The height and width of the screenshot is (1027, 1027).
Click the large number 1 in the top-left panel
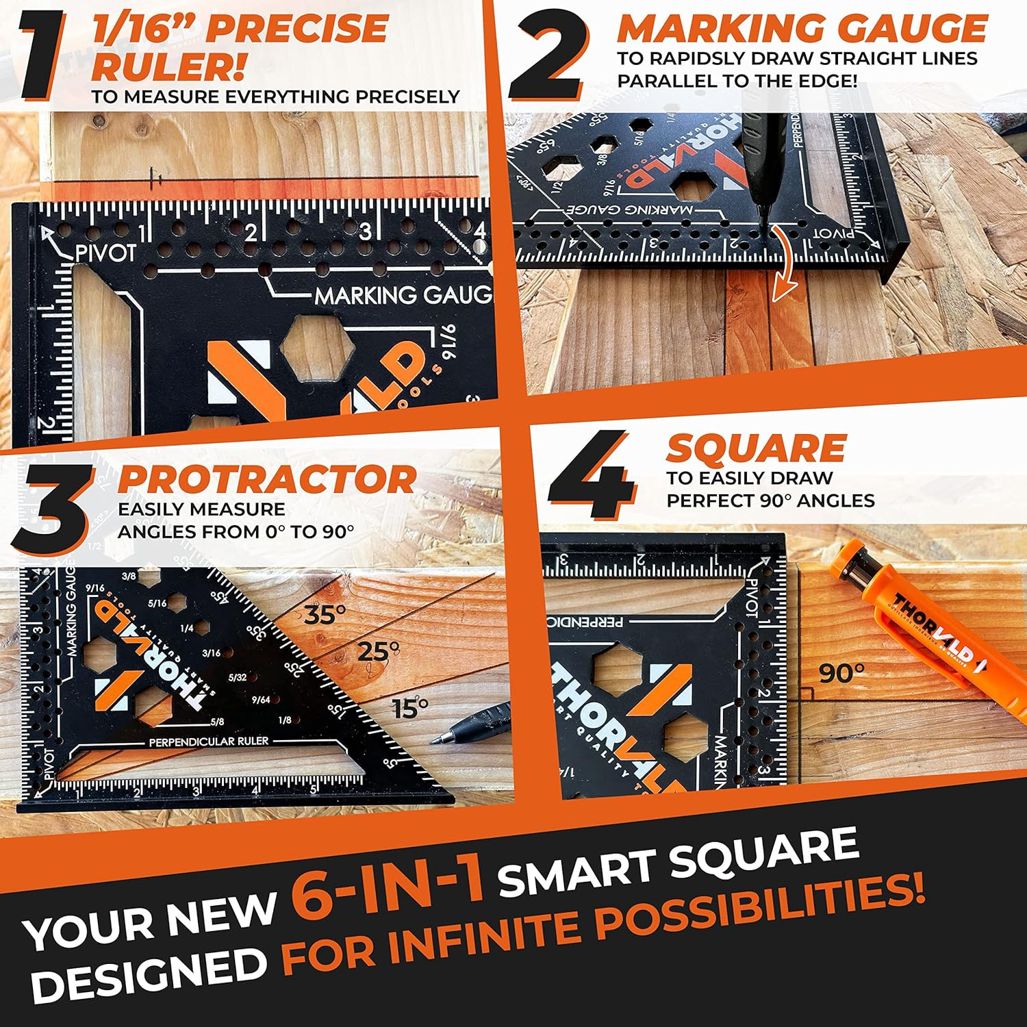42,55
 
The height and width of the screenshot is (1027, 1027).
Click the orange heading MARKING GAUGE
801,29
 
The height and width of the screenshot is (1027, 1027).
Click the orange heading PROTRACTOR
267,479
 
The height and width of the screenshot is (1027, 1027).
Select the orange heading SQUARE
756,448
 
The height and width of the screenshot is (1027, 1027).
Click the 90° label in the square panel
841,674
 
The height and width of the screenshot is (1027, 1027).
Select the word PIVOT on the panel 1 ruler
105,253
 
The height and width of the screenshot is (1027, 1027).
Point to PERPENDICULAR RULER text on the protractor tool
209,741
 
